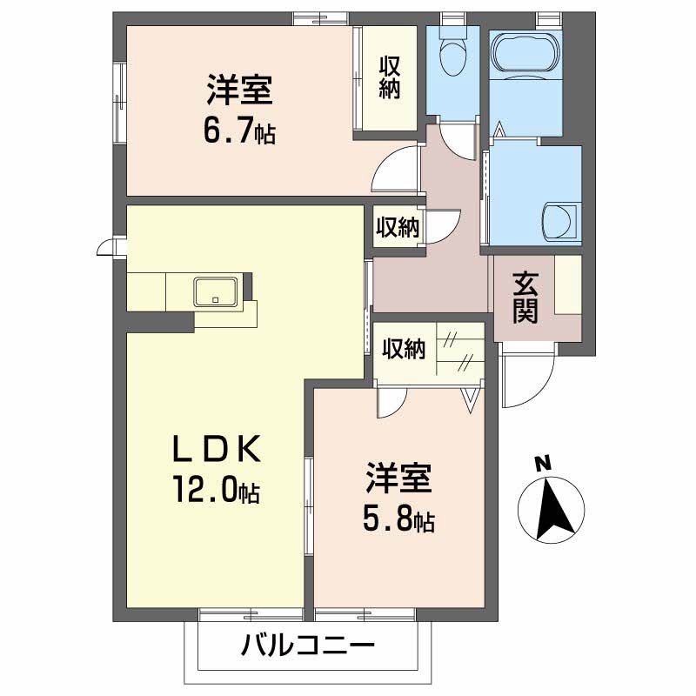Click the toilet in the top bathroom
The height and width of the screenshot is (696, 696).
tap(452, 57)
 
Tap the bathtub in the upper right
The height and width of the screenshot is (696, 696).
tap(525, 55)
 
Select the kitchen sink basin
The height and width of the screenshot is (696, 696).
tap(215, 291)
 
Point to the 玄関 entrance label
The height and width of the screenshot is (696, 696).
tap(525, 298)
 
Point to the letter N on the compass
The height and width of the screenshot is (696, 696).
tap(542, 464)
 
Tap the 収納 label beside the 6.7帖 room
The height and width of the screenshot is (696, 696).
tap(389, 77)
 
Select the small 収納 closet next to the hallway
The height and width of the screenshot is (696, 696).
tap(398, 227)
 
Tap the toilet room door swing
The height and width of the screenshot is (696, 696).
tap(456, 135)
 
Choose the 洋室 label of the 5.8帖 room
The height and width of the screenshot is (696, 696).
tap(398, 481)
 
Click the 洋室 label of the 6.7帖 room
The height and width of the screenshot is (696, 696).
tap(240, 90)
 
